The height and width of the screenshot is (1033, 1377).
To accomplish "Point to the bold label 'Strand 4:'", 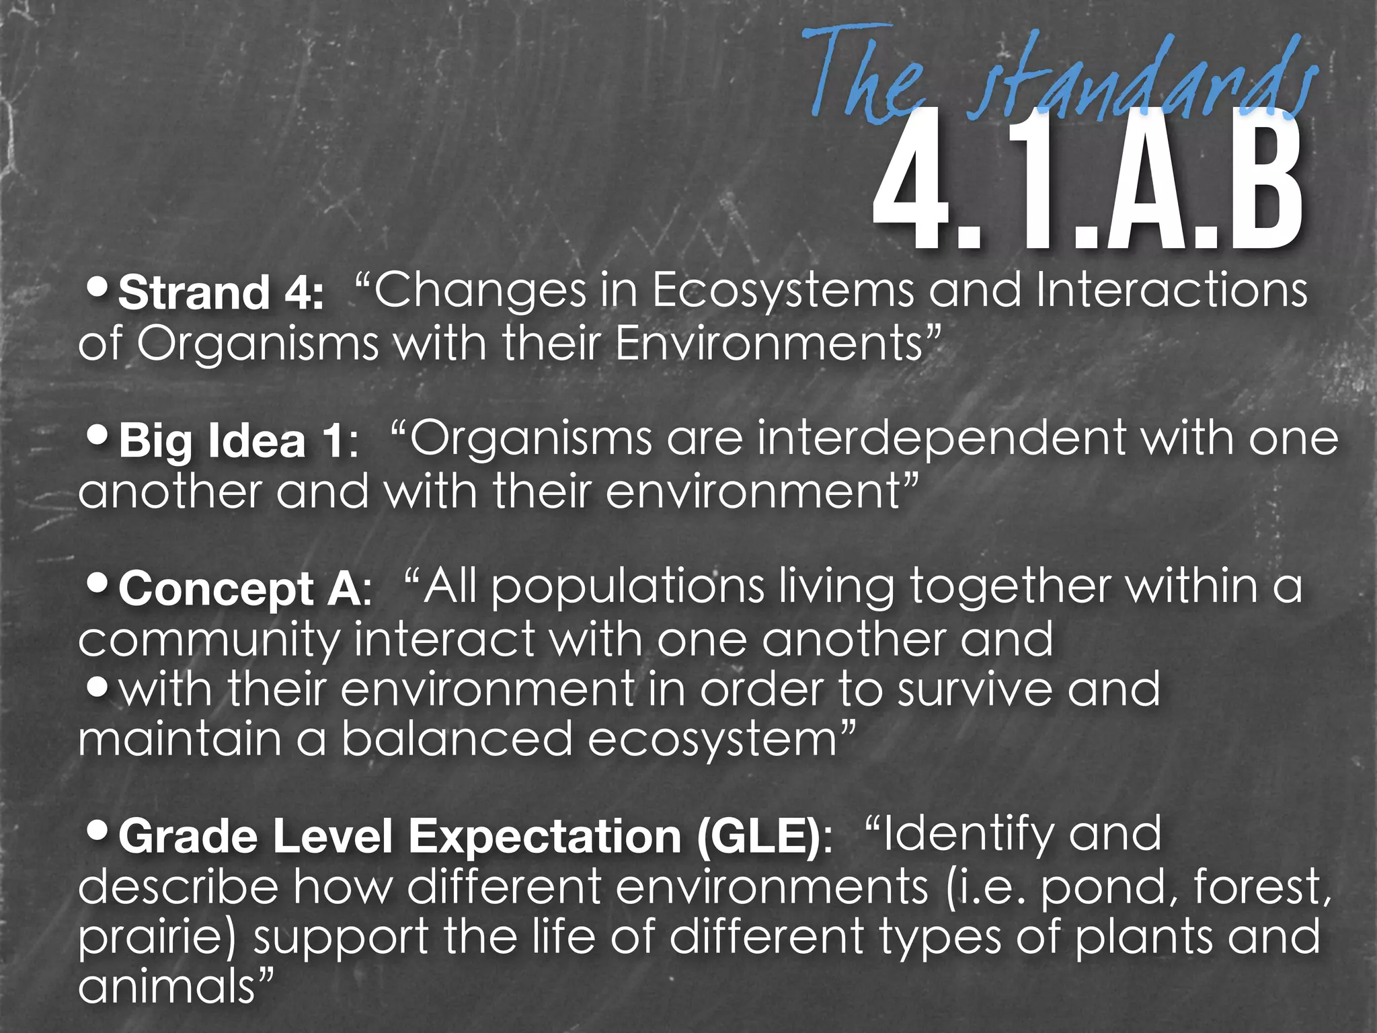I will (x=221, y=293).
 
